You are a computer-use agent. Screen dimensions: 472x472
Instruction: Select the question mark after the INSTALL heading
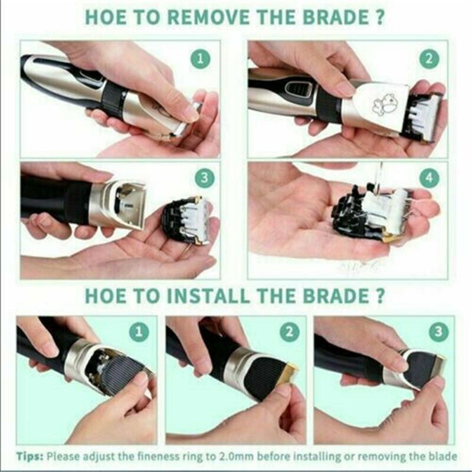click(380, 296)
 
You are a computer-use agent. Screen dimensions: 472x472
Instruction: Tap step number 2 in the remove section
click(430, 58)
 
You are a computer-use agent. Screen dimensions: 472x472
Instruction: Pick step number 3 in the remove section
click(204, 178)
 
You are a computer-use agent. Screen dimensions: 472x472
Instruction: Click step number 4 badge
click(430, 178)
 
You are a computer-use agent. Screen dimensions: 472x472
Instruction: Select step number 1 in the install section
click(139, 332)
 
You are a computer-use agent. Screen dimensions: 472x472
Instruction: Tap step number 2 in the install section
click(289, 332)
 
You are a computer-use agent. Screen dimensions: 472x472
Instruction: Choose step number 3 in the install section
click(438, 332)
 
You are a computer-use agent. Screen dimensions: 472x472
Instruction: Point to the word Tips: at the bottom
click(30, 456)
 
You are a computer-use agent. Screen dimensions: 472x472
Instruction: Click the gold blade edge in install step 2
click(287, 373)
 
